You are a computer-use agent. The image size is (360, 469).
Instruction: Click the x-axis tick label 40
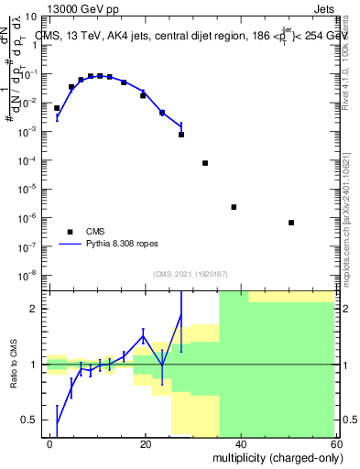point(240,443)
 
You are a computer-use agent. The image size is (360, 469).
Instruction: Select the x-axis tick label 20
point(146,443)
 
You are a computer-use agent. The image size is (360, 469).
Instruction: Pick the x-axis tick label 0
point(50,443)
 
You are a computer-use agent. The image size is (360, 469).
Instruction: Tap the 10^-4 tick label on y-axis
point(29,160)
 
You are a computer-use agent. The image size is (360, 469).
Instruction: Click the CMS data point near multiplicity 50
point(290,223)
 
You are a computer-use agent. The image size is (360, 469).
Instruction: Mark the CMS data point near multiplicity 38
point(234,207)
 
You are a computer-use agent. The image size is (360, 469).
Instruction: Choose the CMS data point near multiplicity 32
point(205,163)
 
